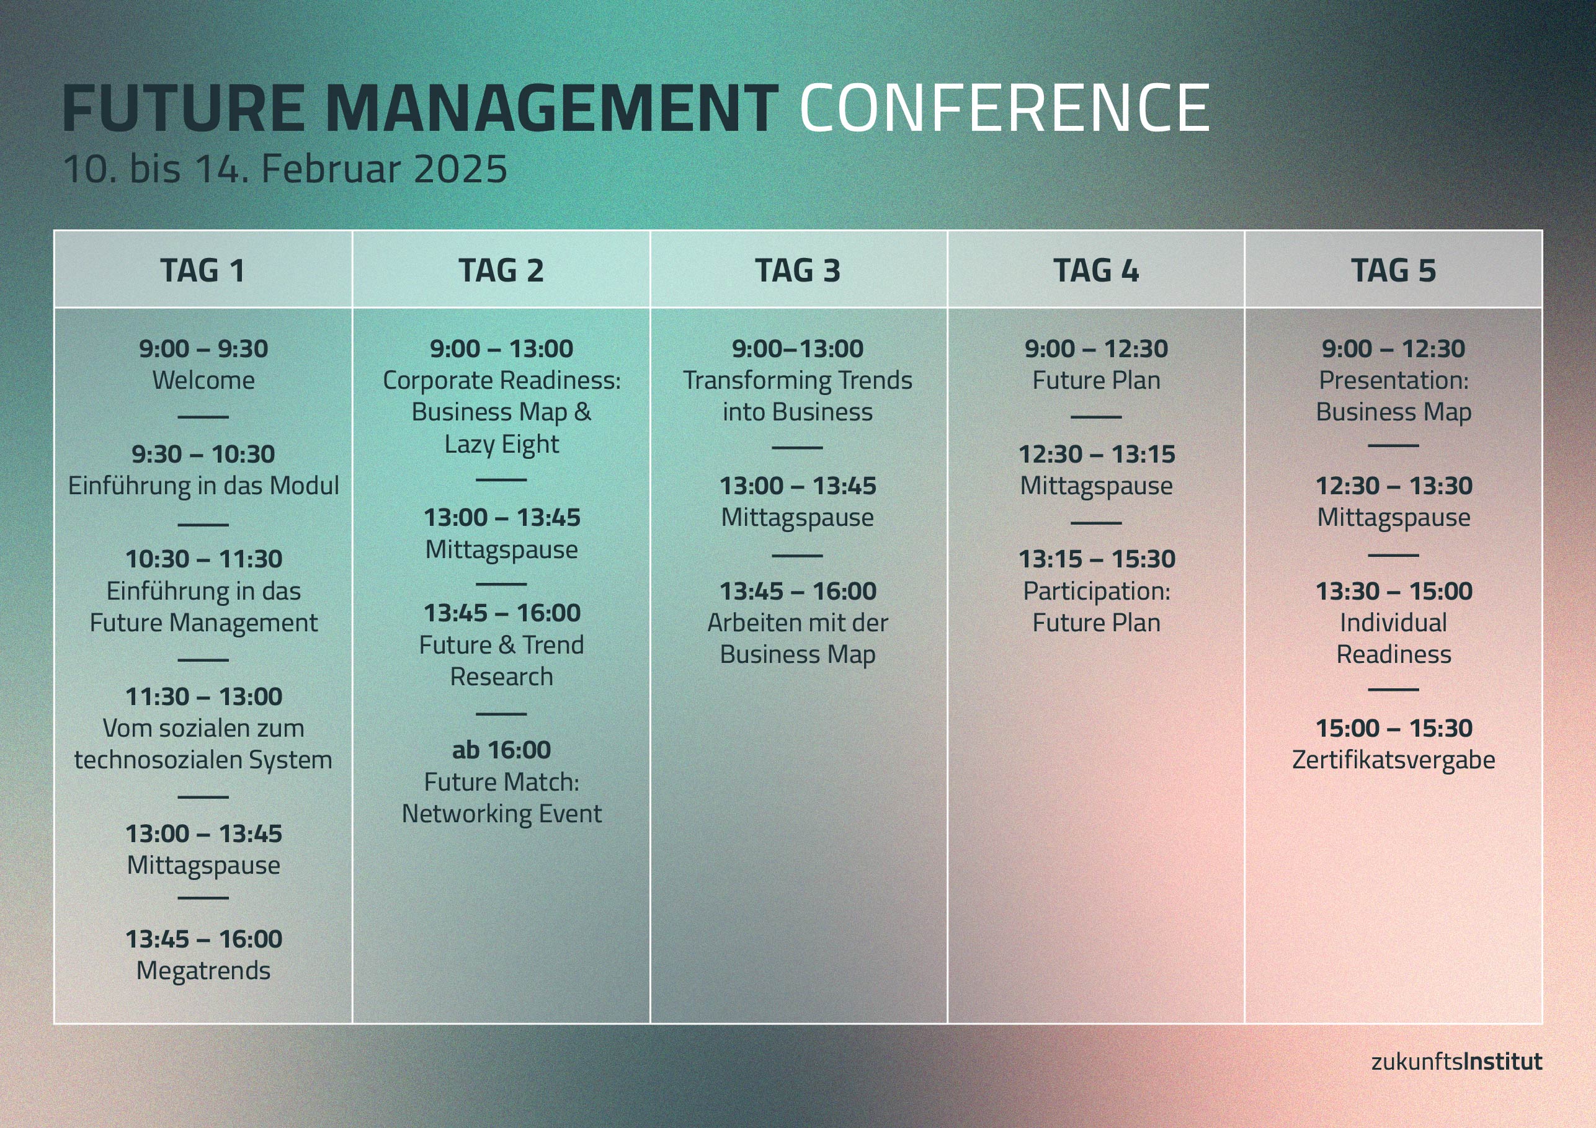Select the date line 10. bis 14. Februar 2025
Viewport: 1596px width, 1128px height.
click(285, 169)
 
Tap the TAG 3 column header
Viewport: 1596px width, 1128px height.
click(798, 270)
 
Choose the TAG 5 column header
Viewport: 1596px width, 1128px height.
click(1393, 270)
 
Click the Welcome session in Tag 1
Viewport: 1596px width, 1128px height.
click(203, 380)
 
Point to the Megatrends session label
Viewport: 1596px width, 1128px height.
click(203, 970)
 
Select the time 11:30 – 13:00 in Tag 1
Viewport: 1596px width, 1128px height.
click(203, 696)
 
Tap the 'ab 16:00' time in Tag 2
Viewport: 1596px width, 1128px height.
click(501, 750)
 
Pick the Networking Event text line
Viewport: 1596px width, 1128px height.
click(501, 814)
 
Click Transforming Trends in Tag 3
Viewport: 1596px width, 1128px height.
click(797, 380)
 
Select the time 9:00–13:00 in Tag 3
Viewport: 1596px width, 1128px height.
click(797, 349)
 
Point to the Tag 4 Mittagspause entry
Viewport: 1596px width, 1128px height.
click(1096, 486)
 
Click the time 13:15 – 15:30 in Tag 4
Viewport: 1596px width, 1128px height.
click(1096, 559)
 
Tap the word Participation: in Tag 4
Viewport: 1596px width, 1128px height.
click(1096, 592)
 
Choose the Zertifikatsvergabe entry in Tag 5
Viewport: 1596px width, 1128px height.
click(1393, 760)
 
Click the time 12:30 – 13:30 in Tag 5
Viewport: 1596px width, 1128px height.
click(1393, 486)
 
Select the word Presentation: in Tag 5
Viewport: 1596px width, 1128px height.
click(1393, 380)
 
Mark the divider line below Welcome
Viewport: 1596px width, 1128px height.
click(203, 417)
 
